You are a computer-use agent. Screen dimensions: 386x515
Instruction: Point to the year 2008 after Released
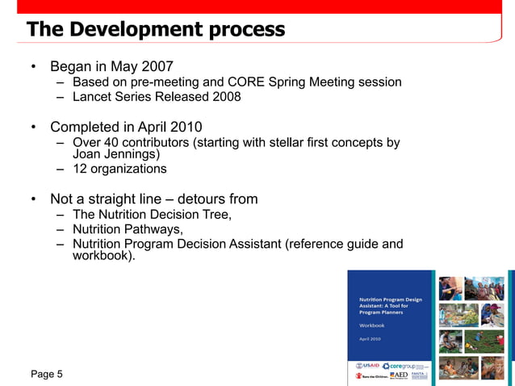tap(224, 97)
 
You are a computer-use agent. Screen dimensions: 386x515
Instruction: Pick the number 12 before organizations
tap(80, 169)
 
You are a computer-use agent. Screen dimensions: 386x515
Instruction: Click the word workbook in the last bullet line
tap(100, 256)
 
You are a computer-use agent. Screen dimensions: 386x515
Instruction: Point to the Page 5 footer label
tap(47, 374)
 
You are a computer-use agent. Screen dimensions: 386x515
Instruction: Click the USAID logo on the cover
tap(368, 365)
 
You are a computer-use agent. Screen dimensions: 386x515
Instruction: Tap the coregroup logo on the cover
tap(403, 366)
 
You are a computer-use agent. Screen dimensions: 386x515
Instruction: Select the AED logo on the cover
tap(400, 376)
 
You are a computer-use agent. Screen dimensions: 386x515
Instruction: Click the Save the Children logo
tap(370, 376)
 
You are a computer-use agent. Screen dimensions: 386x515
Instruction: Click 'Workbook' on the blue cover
tap(371, 325)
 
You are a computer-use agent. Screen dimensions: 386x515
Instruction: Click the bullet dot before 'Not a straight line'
tap(33, 199)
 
